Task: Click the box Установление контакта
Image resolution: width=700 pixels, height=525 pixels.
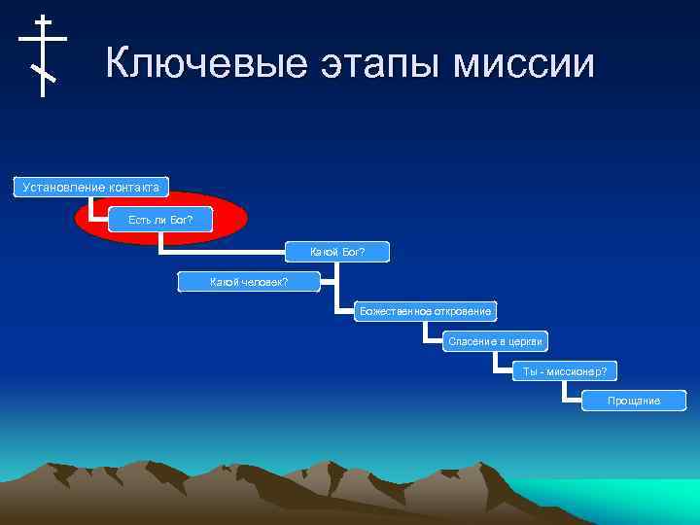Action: point(90,186)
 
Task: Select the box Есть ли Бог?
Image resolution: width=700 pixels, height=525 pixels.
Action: point(160,220)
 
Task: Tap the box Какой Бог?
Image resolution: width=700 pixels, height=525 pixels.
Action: point(337,253)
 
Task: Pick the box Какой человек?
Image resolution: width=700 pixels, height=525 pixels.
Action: point(249,282)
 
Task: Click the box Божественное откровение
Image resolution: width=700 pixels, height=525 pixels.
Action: point(425,311)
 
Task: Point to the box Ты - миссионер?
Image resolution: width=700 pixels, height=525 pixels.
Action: point(565,371)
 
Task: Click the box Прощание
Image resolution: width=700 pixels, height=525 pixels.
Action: point(634,401)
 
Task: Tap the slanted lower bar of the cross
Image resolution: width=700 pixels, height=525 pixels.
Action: point(43,73)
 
